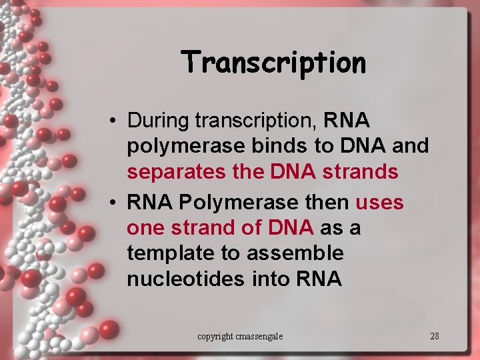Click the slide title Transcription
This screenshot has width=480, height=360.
(x=274, y=63)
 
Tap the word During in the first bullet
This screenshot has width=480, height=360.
(x=159, y=121)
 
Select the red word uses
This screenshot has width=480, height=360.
(x=380, y=201)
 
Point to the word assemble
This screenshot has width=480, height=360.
(x=295, y=253)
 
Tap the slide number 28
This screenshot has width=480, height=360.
(x=435, y=336)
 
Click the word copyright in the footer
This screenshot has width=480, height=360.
(x=214, y=336)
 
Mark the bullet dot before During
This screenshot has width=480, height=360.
(x=115, y=122)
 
